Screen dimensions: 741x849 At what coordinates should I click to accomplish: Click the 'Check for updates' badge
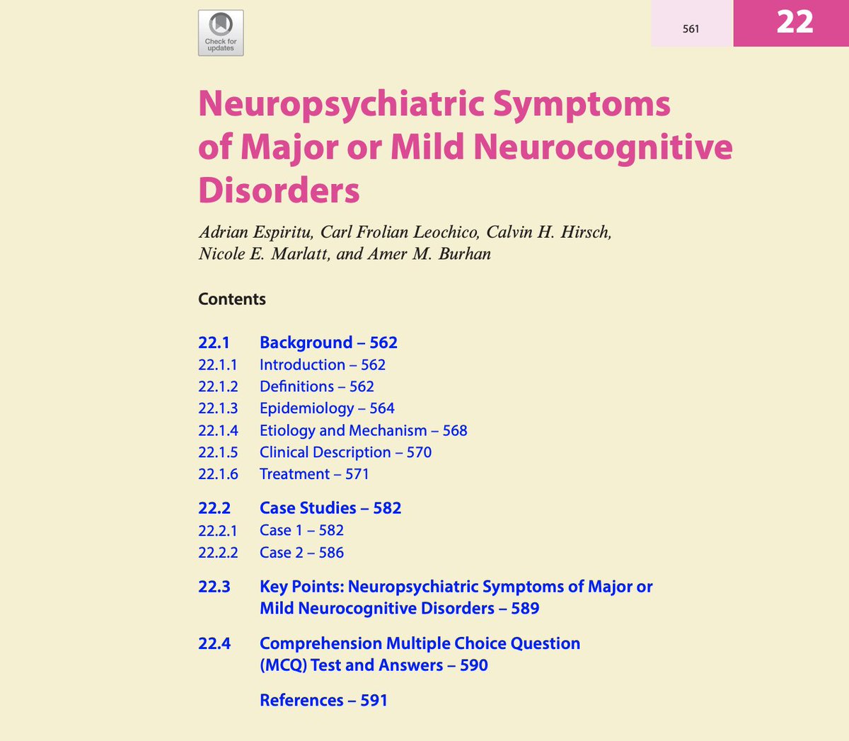221,33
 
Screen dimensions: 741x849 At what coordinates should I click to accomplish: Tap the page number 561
691,29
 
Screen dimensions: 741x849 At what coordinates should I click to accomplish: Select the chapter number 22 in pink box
795,22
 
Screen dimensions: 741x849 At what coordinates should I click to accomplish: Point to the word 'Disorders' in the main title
279,190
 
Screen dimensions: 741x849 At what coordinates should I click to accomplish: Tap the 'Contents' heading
232,299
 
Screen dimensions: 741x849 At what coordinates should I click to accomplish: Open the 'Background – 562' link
328,343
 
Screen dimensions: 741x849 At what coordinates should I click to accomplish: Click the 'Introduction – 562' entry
322,365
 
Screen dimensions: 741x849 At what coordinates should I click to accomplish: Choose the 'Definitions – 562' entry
316,386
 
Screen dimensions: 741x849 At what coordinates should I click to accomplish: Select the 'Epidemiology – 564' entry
327,408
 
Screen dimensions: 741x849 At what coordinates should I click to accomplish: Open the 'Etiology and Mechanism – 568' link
363,430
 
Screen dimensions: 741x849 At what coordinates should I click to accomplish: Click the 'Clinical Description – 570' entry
345,452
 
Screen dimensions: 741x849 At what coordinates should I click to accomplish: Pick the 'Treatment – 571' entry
314,474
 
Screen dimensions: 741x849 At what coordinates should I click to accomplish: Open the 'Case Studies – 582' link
330,508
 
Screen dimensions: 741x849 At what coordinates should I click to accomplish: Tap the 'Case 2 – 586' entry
301,553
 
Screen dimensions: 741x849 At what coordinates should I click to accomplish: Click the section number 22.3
214,587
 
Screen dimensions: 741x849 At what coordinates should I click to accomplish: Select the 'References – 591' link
323,701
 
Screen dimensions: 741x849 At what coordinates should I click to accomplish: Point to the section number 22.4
214,643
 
